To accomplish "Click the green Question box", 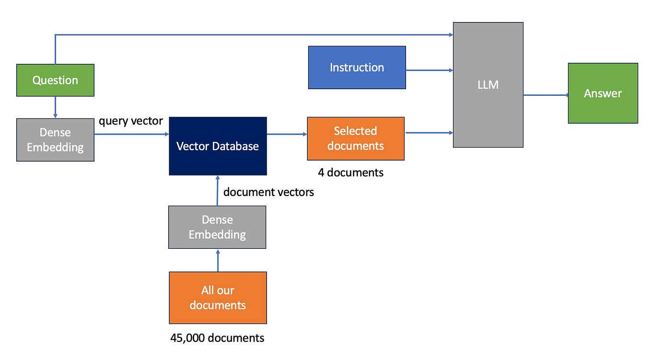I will coord(55,80).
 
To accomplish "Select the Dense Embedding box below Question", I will coord(55,139).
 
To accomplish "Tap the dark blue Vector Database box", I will coord(218,146).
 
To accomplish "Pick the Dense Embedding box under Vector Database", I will coord(217,227).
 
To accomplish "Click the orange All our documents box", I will coord(218,298).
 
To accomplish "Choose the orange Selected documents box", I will coord(356,138).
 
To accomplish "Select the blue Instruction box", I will coord(357,67).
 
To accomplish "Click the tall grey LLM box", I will coord(488,84).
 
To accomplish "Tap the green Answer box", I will coord(603,93).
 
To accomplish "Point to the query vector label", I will coord(130,121).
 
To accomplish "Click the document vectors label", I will coord(268,192).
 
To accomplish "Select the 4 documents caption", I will coord(350,173).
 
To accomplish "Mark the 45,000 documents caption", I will coord(217,338).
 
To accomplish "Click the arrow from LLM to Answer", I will coord(545,95).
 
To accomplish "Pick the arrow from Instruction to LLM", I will coord(429,70).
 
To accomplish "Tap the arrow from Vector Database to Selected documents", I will coord(287,134).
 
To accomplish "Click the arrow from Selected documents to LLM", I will coord(429,132).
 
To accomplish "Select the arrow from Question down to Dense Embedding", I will coord(55,107).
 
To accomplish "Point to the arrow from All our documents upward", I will coord(218,260).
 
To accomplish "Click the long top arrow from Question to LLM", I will coord(254,35).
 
